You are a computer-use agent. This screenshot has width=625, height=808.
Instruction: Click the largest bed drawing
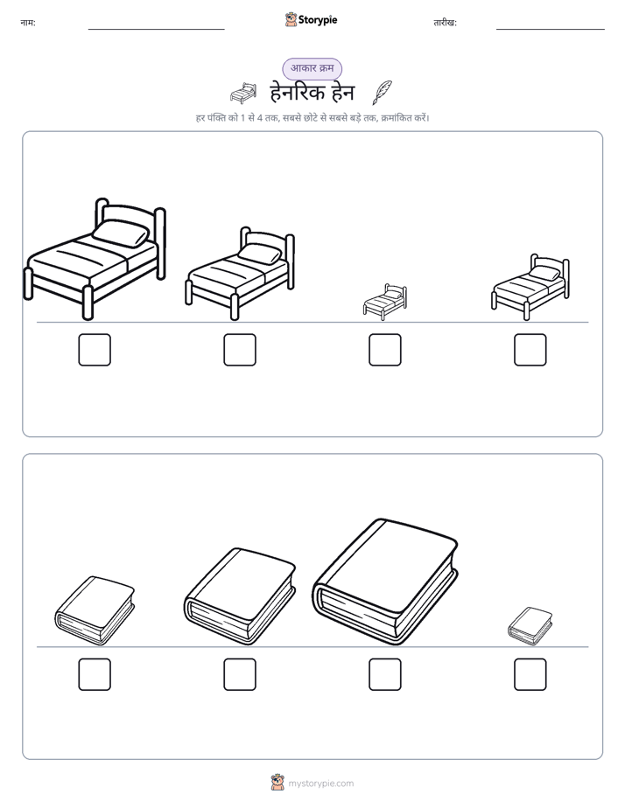click(x=95, y=259)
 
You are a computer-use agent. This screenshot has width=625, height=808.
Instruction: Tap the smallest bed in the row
click(x=384, y=301)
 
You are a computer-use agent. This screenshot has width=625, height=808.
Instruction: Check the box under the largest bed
click(x=95, y=350)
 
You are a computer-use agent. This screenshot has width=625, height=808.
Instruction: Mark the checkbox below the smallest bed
click(x=384, y=350)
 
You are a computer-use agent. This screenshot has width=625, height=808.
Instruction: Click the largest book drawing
click(x=385, y=582)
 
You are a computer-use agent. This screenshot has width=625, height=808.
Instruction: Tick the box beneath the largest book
click(x=384, y=674)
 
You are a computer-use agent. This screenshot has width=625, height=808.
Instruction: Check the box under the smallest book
click(x=530, y=674)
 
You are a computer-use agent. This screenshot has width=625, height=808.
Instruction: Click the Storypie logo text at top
click(x=318, y=20)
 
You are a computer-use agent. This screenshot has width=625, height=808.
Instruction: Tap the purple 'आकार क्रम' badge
click(x=312, y=68)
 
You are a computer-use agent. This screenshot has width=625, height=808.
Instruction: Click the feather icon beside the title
click(x=383, y=93)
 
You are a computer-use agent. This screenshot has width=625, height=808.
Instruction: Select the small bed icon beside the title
click(x=243, y=94)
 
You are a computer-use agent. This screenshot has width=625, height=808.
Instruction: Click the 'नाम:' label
click(x=28, y=23)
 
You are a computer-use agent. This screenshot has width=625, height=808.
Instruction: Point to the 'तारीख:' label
click(x=445, y=23)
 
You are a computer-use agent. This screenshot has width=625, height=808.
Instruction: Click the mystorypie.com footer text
click(x=320, y=784)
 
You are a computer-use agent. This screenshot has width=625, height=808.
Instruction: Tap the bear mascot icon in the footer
click(x=277, y=783)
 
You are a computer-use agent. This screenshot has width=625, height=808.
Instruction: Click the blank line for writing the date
click(x=551, y=30)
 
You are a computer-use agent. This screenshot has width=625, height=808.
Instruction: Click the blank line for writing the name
click(x=156, y=30)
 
